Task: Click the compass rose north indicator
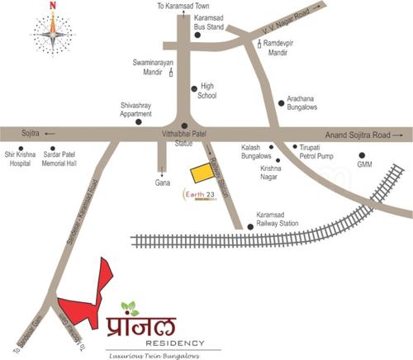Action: point(53,10)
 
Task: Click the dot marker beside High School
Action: point(194,88)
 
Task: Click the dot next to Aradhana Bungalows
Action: point(281,104)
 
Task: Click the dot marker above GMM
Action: point(361,154)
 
